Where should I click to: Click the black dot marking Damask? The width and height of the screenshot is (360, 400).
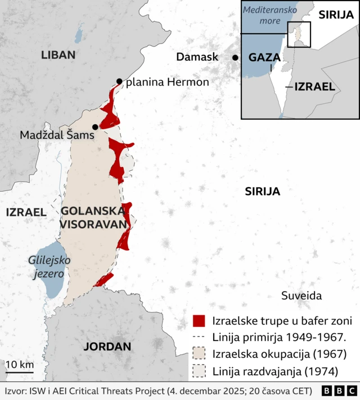235,57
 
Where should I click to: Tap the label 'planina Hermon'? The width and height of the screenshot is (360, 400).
167,82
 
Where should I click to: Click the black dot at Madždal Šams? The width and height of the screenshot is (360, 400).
95,127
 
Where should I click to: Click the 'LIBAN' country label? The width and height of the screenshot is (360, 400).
58,54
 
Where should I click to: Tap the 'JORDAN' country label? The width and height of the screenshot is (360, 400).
107,347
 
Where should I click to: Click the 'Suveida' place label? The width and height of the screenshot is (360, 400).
301,296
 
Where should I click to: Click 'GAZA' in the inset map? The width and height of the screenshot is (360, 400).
265,57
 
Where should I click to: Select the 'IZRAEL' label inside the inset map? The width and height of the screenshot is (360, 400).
315,87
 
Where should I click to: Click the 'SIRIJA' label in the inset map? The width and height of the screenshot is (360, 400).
336,15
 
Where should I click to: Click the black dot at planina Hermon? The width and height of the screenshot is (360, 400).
119,81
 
